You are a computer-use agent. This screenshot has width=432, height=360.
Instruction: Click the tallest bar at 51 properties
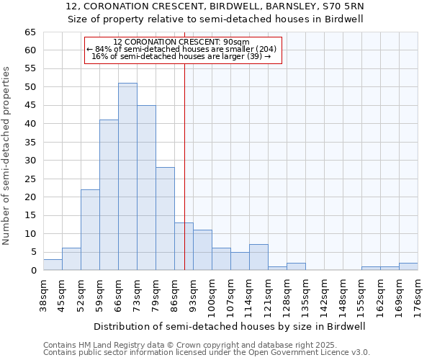pyautogui.click(x=127, y=176)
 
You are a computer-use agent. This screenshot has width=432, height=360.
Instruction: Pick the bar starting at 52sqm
pyautogui.click(x=90, y=230)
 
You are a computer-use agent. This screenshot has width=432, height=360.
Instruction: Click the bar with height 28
pyautogui.click(x=165, y=219)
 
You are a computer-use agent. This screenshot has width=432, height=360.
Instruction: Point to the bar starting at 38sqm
pyautogui.click(x=53, y=264)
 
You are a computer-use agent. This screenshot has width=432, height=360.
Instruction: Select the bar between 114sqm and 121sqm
pyautogui.click(x=258, y=258)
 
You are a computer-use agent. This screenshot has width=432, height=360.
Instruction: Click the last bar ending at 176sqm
pyautogui.click(x=408, y=266)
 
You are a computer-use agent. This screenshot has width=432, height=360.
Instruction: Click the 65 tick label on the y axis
pyautogui.click(x=30, y=32)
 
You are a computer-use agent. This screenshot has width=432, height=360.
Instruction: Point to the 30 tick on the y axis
pyautogui.click(x=30, y=161)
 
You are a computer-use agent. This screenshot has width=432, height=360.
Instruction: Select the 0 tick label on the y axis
pyautogui.click(x=32, y=271)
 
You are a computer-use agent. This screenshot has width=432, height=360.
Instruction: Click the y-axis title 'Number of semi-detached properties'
pyautogui.click(x=7, y=155)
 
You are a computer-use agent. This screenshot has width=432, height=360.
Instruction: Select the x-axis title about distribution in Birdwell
pyautogui.click(x=230, y=326)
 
